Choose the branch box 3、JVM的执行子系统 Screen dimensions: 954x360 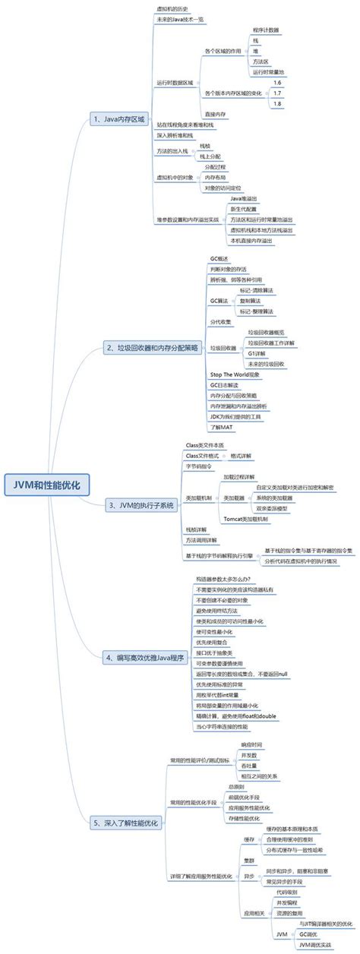tap(141, 504)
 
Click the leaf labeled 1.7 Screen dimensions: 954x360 tap(277, 93)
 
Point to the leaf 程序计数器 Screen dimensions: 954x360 tap(265, 30)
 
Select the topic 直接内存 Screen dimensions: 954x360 tap(215, 113)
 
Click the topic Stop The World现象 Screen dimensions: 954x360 tap(235, 374)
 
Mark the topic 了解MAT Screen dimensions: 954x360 tap(221, 428)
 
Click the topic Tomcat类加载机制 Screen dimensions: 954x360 tap(245, 518)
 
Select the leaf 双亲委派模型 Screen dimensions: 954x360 tap(271, 507)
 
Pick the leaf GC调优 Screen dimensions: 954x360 tap(308, 933)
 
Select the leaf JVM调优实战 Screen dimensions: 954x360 tap(314, 944)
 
